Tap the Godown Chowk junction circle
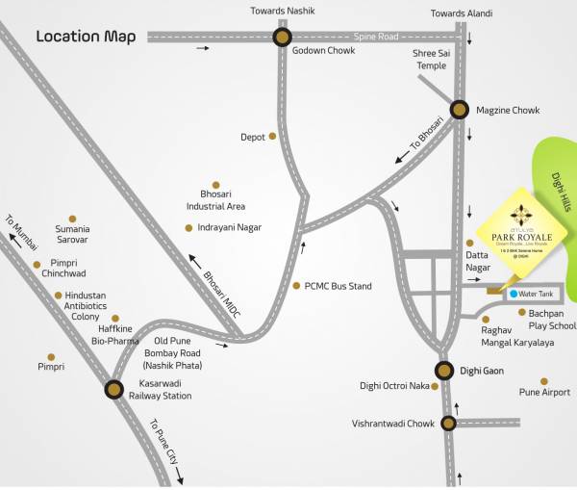point(282,38)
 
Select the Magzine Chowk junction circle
point(460,111)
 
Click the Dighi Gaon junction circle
point(444,371)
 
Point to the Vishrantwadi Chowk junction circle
point(449,423)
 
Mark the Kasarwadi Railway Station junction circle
point(113,389)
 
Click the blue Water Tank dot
point(514,294)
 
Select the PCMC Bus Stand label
point(338,286)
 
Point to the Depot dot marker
point(274,137)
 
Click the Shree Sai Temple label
point(430,61)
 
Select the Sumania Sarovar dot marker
point(72,219)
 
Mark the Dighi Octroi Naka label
point(393,386)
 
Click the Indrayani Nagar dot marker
point(188,228)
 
